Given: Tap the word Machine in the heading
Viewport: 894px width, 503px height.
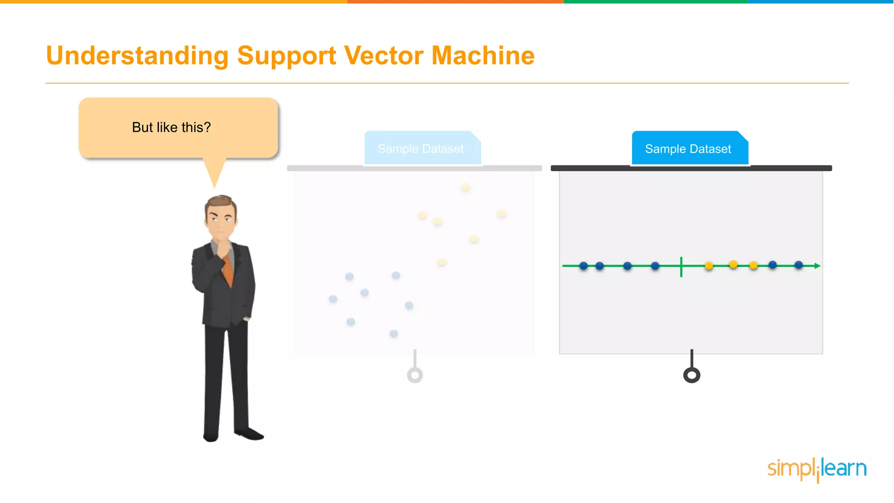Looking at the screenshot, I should [x=483, y=56].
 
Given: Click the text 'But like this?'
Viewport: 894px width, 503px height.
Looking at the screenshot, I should [x=171, y=127].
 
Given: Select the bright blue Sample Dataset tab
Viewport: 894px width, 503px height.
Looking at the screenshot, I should [x=688, y=149].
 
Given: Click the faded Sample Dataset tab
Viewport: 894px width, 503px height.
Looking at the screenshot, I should [x=421, y=149].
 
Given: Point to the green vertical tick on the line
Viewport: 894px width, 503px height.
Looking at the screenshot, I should [x=681, y=267].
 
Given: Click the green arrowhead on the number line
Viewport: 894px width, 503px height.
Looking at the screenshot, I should [x=817, y=265].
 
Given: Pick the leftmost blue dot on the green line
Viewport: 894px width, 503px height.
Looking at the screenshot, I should [x=584, y=266].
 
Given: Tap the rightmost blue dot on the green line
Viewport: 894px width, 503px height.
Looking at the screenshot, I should [x=798, y=265].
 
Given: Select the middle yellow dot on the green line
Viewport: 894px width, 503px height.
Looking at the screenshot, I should [x=733, y=265].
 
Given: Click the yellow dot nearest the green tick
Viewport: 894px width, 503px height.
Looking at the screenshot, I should [x=709, y=266].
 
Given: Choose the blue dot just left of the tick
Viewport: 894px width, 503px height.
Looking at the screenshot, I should [x=655, y=266].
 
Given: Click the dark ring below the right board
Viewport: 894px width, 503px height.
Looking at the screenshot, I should [x=691, y=375].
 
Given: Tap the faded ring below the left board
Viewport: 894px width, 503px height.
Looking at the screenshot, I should [x=415, y=375].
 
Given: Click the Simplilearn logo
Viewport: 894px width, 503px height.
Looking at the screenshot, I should [x=817, y=469].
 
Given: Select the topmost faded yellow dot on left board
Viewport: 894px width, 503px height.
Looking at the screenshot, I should [x=466, y=188].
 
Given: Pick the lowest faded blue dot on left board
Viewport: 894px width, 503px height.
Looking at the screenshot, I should [x=393, y=334].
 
